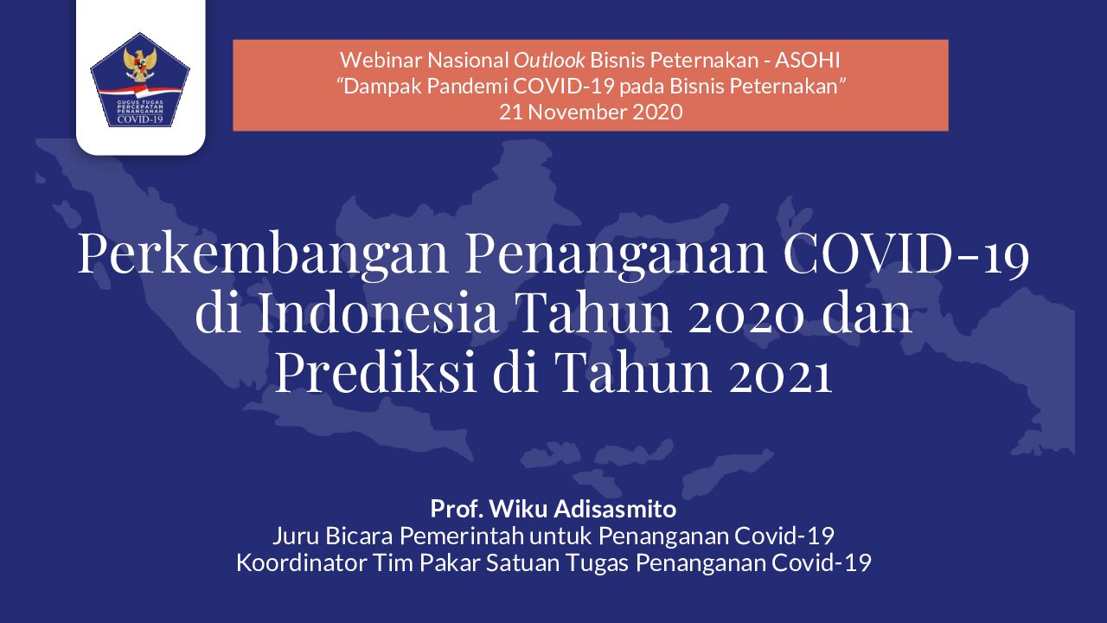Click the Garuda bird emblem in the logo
click(x=140, y=64)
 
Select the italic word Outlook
click(x=549, y=61)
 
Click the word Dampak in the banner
click(x=379, y=87)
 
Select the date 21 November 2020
click(x=591, y=112)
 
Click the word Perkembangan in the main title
click(x=263, y=254)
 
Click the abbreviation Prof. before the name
click(x=457, y=509)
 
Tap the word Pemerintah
click(x=461, y=536)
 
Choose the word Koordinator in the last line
click(x=302, y=562)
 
